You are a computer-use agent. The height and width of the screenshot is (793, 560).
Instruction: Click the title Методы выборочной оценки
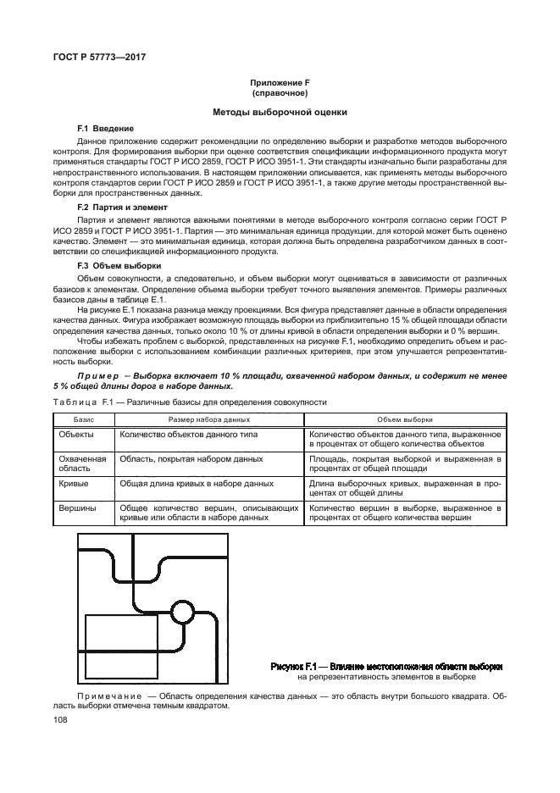(279, 112)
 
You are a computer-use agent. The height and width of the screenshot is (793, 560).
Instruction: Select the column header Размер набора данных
(209, 419)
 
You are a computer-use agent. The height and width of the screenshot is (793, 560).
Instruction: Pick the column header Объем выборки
(405, 419)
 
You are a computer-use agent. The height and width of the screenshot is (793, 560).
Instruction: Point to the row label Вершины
(77, 508)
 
